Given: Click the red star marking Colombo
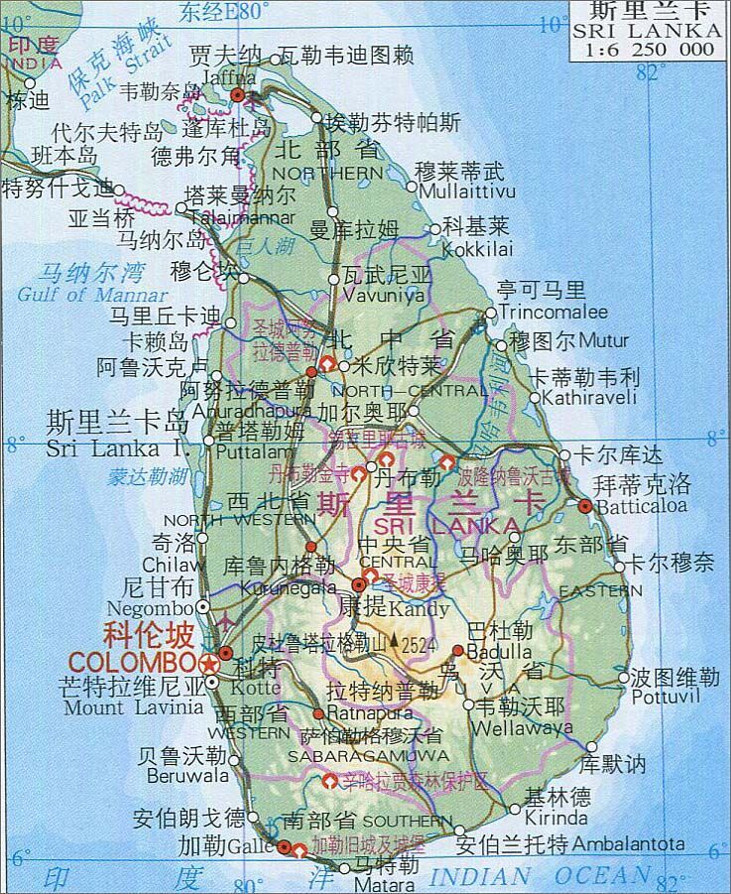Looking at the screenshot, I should [x=207, y=661].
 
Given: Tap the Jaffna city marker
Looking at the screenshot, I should [x=238, y=94].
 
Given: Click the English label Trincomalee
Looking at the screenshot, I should [x=553, y=312].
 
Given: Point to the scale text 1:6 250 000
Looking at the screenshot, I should [x=650, y=50].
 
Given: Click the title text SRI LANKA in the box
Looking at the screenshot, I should [x=650, y=32].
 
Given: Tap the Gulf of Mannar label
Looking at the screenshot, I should [x=92, y=295].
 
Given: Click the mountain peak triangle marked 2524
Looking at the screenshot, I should [x=394, y=640].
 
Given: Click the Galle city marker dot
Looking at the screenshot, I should [x=285, y=847].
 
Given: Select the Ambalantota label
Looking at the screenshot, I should [x=629, y=844].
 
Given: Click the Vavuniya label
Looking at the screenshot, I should [x=383, y=295].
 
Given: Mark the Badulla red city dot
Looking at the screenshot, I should [x=457, y=651].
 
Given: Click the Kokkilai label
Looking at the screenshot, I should [x=477, y=248].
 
